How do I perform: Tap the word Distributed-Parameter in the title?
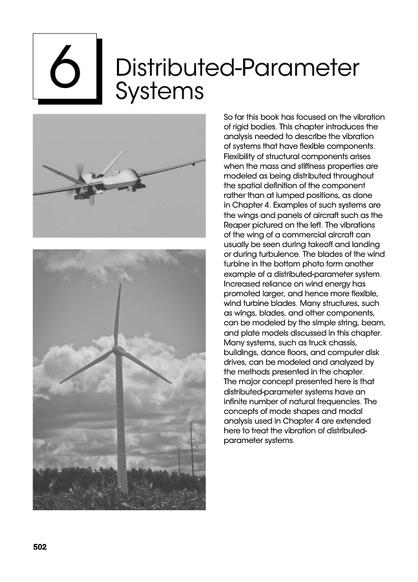coord(236,68)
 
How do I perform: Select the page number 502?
coord(41,547)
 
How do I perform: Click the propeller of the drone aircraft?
coord(79,174)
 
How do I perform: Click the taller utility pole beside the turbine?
coord(191,449)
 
